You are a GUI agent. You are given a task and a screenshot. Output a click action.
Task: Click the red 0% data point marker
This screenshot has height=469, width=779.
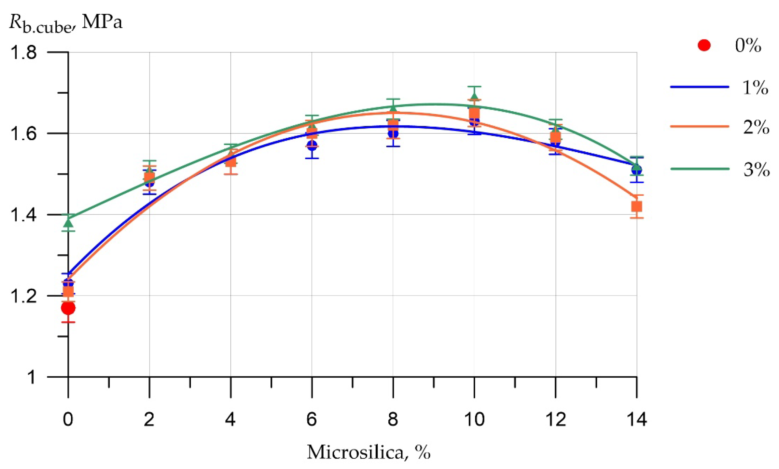[x=68, y=308]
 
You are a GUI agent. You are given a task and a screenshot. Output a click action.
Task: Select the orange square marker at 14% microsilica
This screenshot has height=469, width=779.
[x=636, y=206]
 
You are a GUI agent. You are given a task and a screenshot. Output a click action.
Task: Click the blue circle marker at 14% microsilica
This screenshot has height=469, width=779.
[x=637, y=170]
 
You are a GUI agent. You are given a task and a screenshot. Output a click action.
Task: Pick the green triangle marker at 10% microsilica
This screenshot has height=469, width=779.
[x=474, y=96]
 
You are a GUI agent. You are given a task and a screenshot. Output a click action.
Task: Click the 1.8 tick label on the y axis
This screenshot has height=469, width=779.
[x=24, y=53]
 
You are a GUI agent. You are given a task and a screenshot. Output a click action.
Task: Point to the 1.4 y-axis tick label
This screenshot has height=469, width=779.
[x=24, y=215]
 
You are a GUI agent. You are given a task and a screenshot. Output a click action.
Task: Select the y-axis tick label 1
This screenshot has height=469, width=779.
[x=31, y=377]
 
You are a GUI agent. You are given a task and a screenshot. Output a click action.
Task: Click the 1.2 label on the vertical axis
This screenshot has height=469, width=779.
[x=24, y=296]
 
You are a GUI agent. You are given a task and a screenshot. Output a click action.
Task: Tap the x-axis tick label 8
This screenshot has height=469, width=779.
[x=393, y=420]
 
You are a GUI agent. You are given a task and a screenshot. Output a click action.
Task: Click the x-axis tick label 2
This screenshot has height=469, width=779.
[x=149, y=420]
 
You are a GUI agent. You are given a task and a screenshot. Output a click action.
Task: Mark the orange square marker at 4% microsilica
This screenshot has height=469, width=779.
[x=231, y=162]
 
